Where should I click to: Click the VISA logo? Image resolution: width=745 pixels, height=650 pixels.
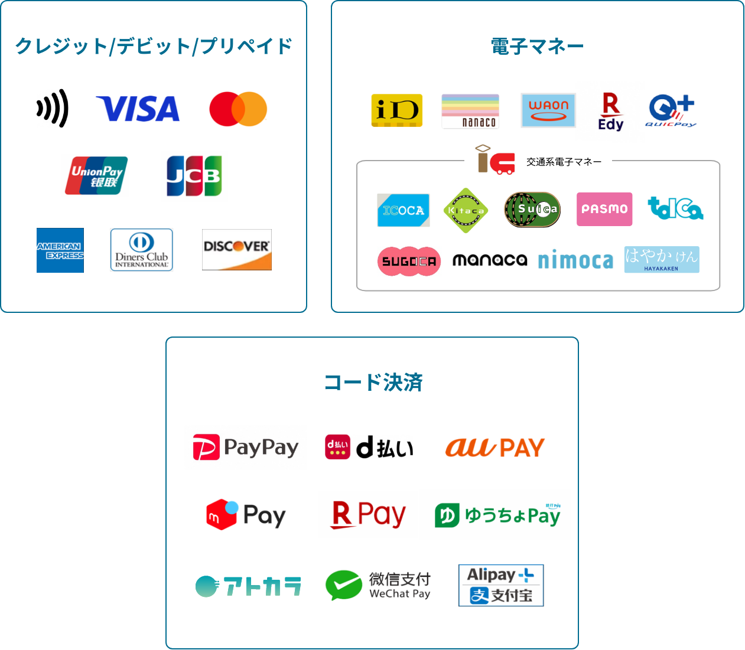tap(138, 109)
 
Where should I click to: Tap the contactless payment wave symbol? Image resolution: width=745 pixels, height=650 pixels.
tap(53, 109)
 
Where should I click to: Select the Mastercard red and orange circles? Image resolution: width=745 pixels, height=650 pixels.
tap(238, 109)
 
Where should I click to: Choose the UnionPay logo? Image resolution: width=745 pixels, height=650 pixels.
tap(96, 176)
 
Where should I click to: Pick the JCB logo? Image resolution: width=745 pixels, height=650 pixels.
tap(194, 176)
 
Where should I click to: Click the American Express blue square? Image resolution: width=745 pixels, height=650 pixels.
tap(60, 250)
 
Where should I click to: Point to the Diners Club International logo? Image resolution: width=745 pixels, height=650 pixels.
tap(142, 250)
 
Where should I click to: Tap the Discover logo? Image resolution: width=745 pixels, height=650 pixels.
tap(237, 250)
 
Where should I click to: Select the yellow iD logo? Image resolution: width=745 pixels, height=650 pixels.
tap(396, 110)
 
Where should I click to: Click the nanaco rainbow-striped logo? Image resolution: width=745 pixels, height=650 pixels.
tap(470, 111)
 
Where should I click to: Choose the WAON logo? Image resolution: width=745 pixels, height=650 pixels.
tap(548, 110)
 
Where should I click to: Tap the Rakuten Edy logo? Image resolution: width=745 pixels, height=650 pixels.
tap(611, 112)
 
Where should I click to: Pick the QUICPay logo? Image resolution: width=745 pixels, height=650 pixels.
tap(671, 111)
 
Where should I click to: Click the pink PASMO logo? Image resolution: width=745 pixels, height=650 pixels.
tap(604, 209)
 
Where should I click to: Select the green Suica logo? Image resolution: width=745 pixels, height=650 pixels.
tap(532, 209)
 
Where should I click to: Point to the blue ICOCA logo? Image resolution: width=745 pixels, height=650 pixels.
tap(404, 210)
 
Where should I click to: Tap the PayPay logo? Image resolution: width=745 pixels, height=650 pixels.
tap(246, 448)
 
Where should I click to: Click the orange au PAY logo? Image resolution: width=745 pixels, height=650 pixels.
tap(495, 448)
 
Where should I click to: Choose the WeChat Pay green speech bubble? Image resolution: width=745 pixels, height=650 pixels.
tap(343, 585)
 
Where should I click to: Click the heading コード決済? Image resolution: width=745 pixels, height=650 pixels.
tap(373, 383)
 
